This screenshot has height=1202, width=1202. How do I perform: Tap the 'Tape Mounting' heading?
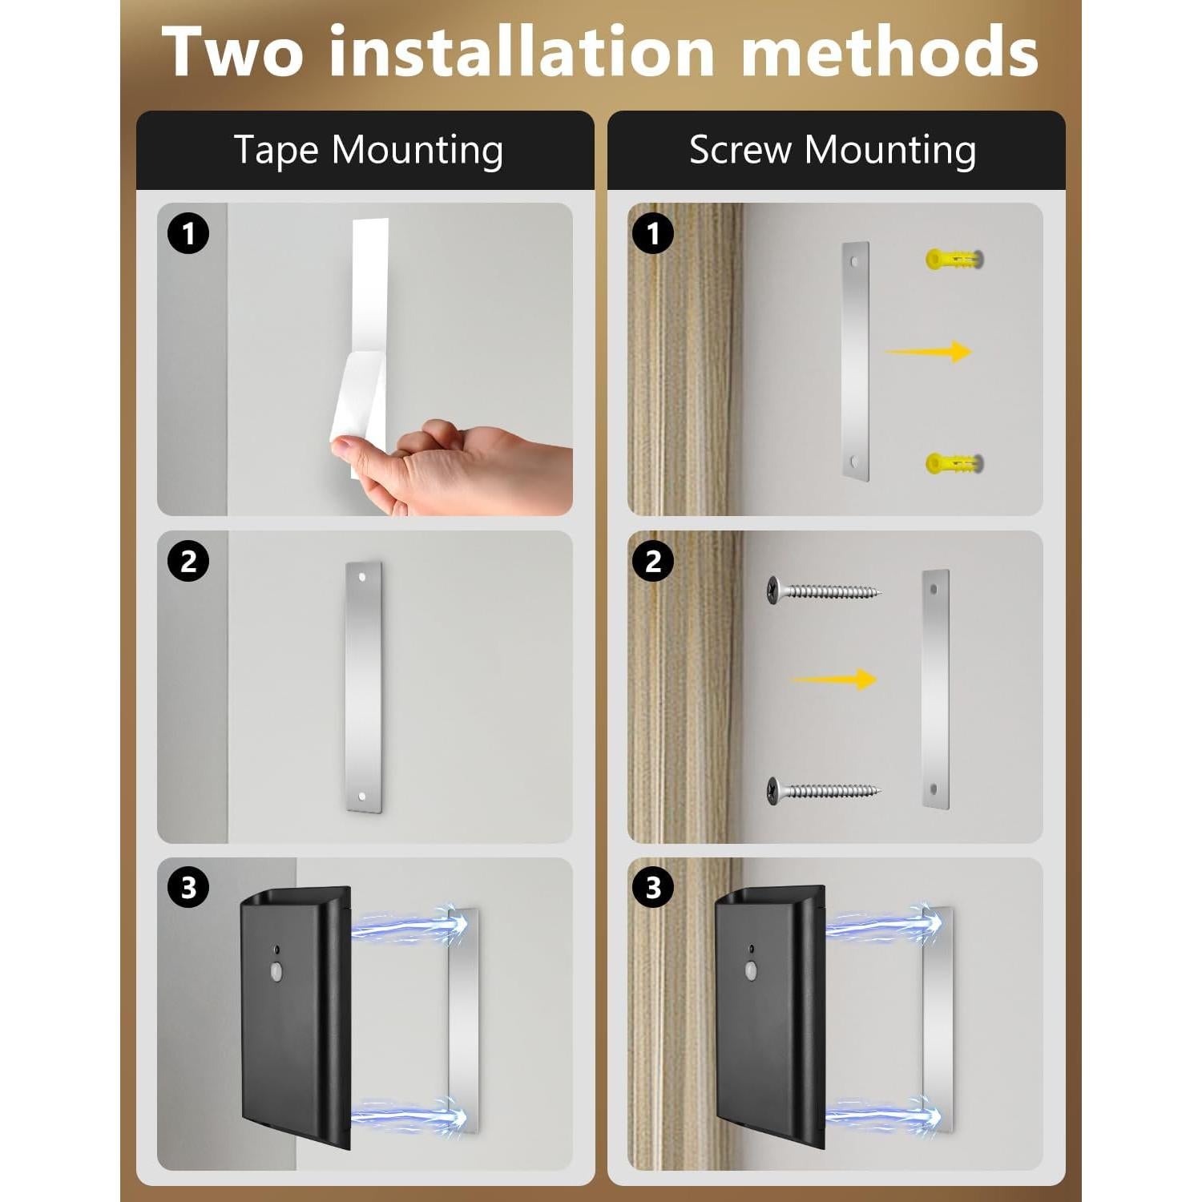coord(368,150)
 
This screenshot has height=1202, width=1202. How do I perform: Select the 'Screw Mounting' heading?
coord(833,150)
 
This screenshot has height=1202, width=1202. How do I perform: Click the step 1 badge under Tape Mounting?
coord(188,234)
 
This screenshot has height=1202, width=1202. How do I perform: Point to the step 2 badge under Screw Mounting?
coord(653,561)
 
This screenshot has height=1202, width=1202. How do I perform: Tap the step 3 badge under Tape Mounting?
coord(188,888)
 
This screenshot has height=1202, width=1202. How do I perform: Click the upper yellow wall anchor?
coord(954,259)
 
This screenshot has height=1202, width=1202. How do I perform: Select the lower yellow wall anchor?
coord(954,463)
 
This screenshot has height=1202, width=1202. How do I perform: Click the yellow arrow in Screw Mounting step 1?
coord(930,351)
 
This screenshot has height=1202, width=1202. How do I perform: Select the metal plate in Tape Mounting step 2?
coord(364,687)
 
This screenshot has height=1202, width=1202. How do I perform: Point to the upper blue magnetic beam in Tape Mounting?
coord(409,926)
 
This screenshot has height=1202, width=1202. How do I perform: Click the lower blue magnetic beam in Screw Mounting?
coord(881,1114)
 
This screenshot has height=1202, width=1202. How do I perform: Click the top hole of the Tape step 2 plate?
coord(362,576)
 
